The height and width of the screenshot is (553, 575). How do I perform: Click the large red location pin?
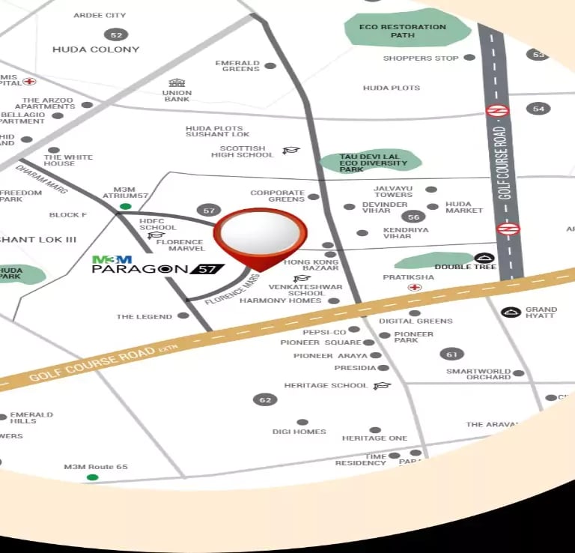[260, 234]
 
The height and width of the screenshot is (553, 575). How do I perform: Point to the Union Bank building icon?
[177, 82]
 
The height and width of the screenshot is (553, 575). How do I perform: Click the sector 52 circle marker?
[115, 34]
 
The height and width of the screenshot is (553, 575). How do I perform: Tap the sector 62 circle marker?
[264, 399]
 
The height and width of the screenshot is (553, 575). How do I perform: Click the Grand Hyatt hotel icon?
[512, 312]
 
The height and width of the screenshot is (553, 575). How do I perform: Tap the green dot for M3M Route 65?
[92, 477]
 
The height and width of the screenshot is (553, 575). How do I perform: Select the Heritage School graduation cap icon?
[382, 385]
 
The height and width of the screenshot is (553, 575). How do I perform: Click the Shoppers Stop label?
[421, 58]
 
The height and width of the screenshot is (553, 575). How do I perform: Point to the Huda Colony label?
[96, 49]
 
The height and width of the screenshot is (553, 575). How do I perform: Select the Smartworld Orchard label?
[478, 374]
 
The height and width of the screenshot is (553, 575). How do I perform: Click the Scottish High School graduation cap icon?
[290, 151]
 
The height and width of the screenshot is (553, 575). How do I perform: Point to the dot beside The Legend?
[183, 316]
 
